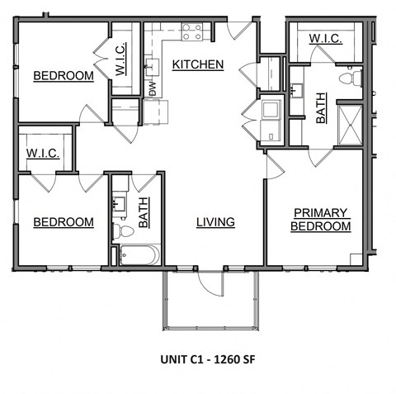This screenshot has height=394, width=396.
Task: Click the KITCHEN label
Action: [x=198, y=64]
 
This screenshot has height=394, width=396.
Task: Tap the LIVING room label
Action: [x=215, y=222]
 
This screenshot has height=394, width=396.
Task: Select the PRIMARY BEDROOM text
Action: [x=321, y=219]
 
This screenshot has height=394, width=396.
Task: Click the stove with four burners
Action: [x=192, y=32]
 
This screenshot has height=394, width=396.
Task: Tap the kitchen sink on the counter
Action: [x=151, y=64]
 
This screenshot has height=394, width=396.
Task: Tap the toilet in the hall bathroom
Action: [x=120, y=230]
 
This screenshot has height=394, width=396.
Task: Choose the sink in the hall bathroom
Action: [x=120, y=201]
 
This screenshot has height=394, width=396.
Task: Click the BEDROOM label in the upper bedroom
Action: [x=63, y=76]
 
